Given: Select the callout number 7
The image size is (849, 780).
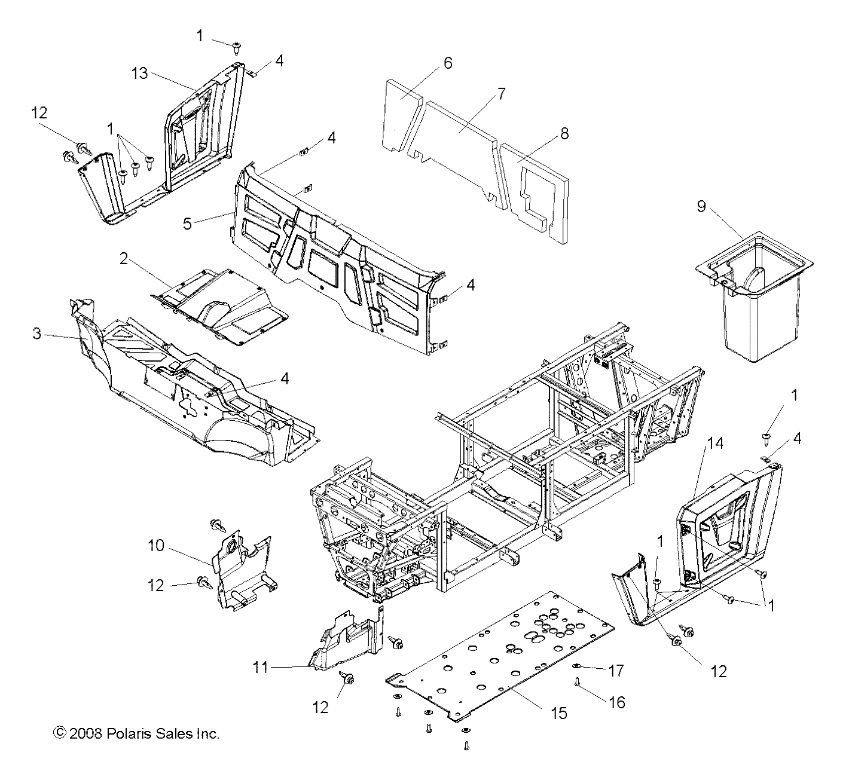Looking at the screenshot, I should click(x=501, y=94).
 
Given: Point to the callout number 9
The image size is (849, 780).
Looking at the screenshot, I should click(x=701, y=206).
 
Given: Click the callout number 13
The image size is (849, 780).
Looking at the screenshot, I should click(x=139, y=73).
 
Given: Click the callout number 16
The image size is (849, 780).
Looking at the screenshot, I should click(x=616, y=702).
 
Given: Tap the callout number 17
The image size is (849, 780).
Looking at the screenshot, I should click(x=616, y=671).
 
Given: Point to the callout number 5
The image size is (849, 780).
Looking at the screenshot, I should click(x=187, y=224).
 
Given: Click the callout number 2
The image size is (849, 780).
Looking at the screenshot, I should click(x=124, y=259).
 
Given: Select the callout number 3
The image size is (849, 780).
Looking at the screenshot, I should click(x=37, y=334).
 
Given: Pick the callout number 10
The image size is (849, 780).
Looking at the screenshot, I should click(x=155, y=546).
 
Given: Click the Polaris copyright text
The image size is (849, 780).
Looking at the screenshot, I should click(x=137, y=733).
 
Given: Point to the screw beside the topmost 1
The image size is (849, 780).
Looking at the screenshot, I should click(x=237, y=45).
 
